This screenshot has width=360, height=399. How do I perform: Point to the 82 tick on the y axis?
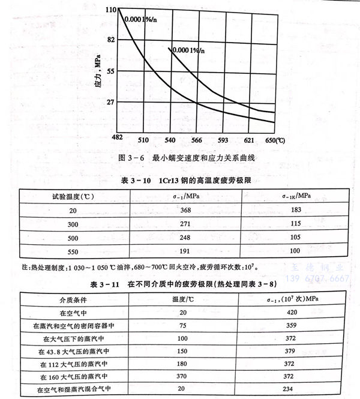click(109, 40)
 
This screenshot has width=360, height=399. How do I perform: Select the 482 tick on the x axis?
click(118, 139)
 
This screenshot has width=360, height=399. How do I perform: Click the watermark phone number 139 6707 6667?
click(316, 280)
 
